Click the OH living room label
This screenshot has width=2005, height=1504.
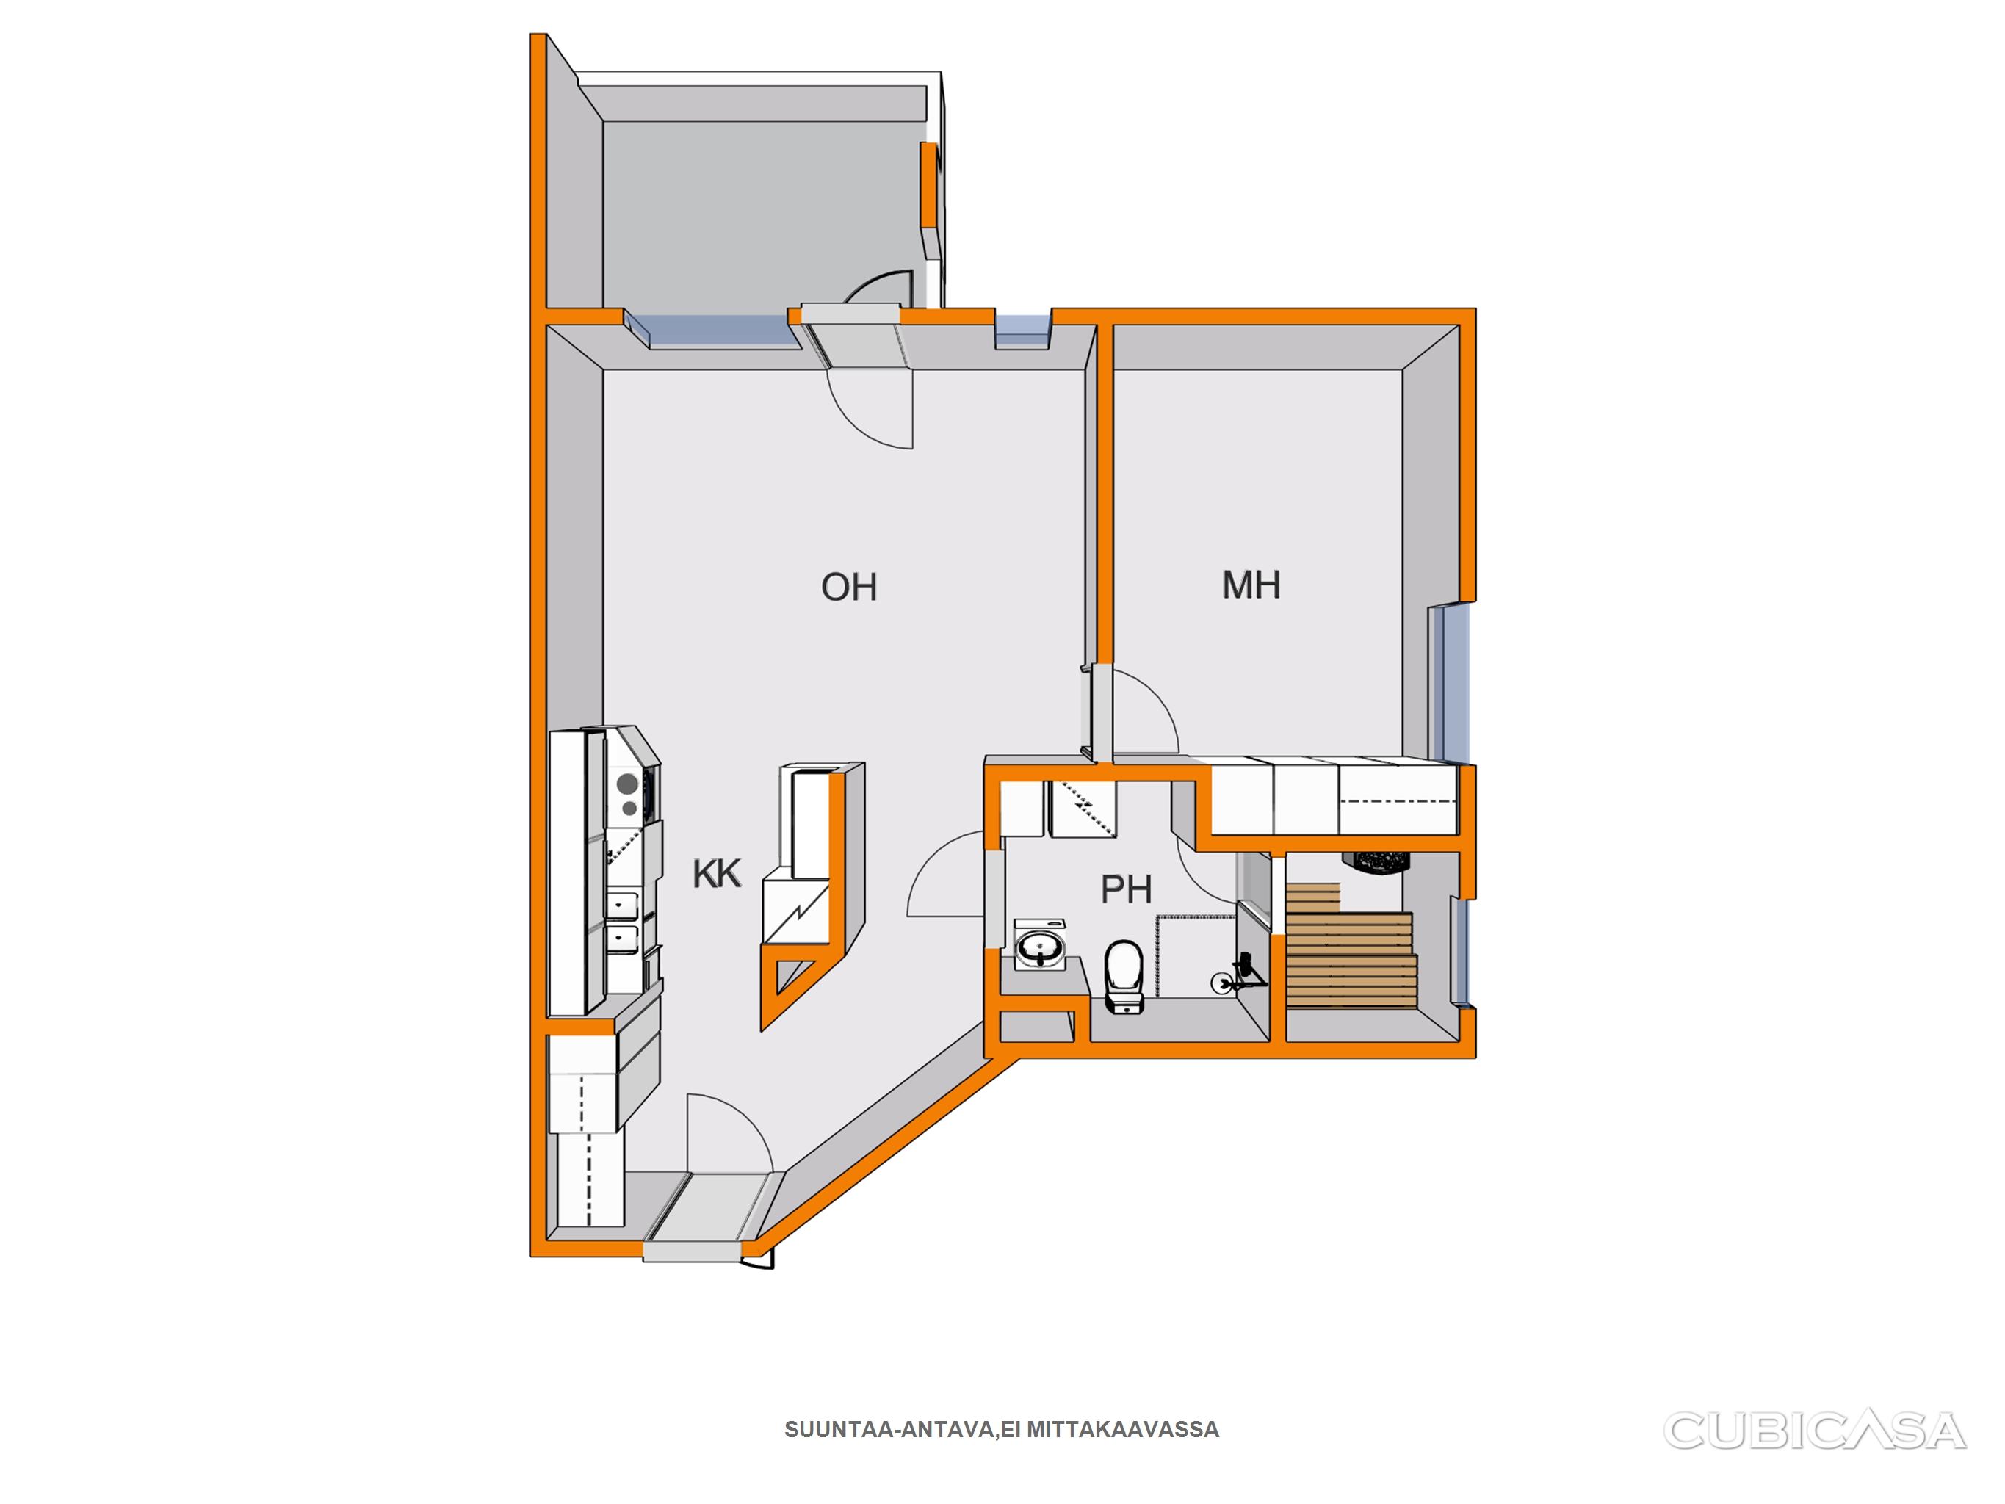click(x=848, y=587)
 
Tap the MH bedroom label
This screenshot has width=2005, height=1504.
click(x=1251, y=585)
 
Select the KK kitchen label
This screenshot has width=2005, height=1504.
click(x=716, y=874)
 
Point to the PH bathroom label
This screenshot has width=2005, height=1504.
click(x=1126, y=889)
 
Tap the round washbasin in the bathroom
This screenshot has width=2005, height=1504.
click(x=1040, y=947)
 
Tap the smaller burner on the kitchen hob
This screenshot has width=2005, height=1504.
click(x=629, y=808)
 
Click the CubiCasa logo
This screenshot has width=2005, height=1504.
click(x=1814, y=1431)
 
